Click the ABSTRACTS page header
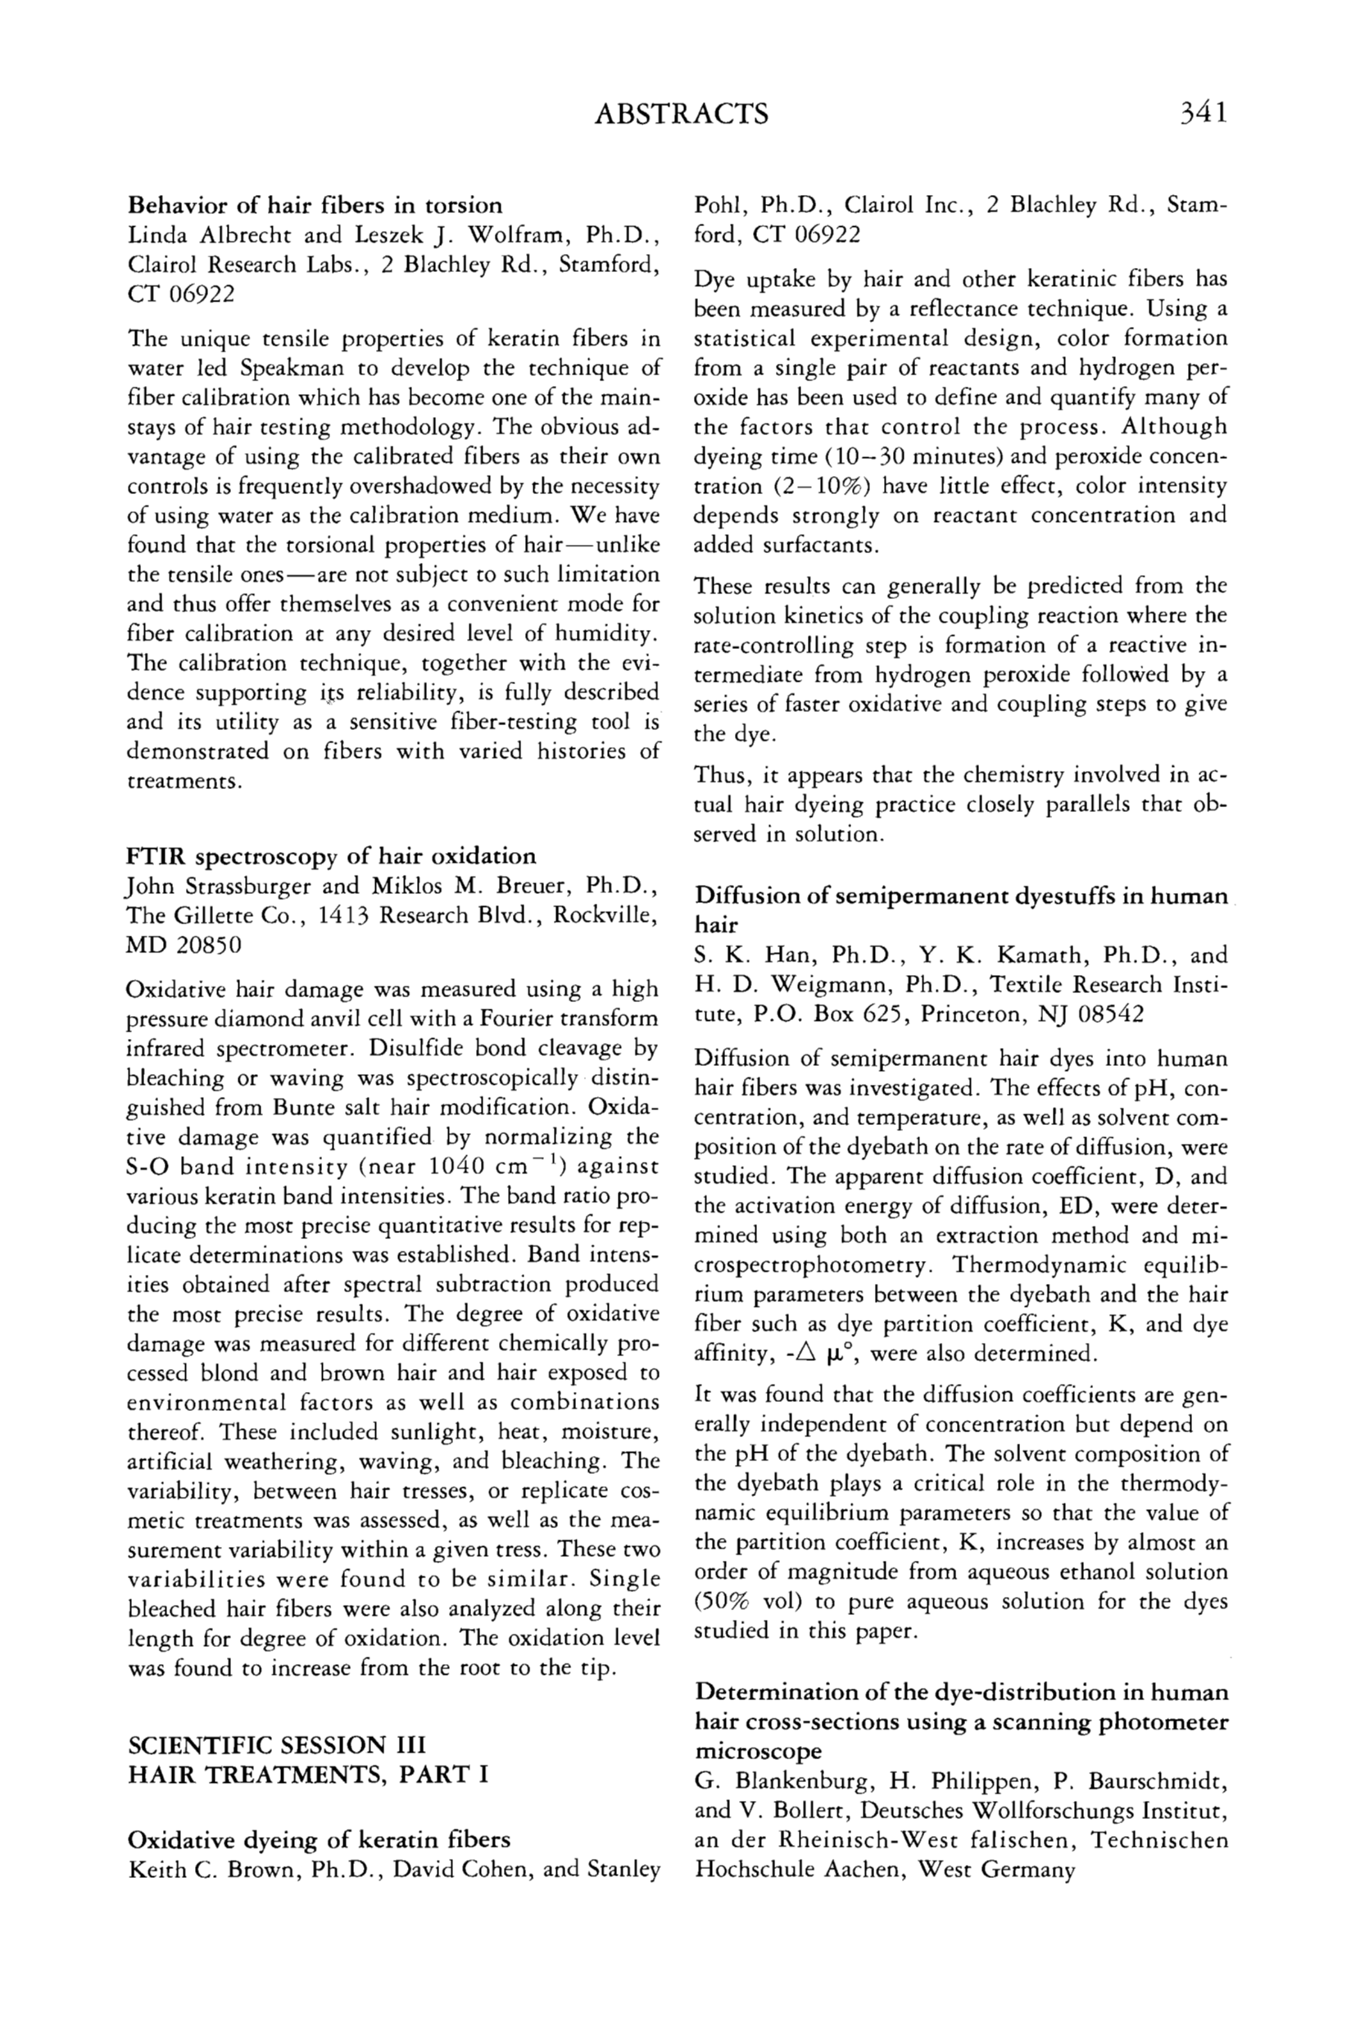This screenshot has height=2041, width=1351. [682, 114]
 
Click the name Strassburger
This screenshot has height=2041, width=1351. [239, 887]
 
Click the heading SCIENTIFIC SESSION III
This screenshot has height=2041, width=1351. [277, 1745]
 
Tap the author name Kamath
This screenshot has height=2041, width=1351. [1044, 955]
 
